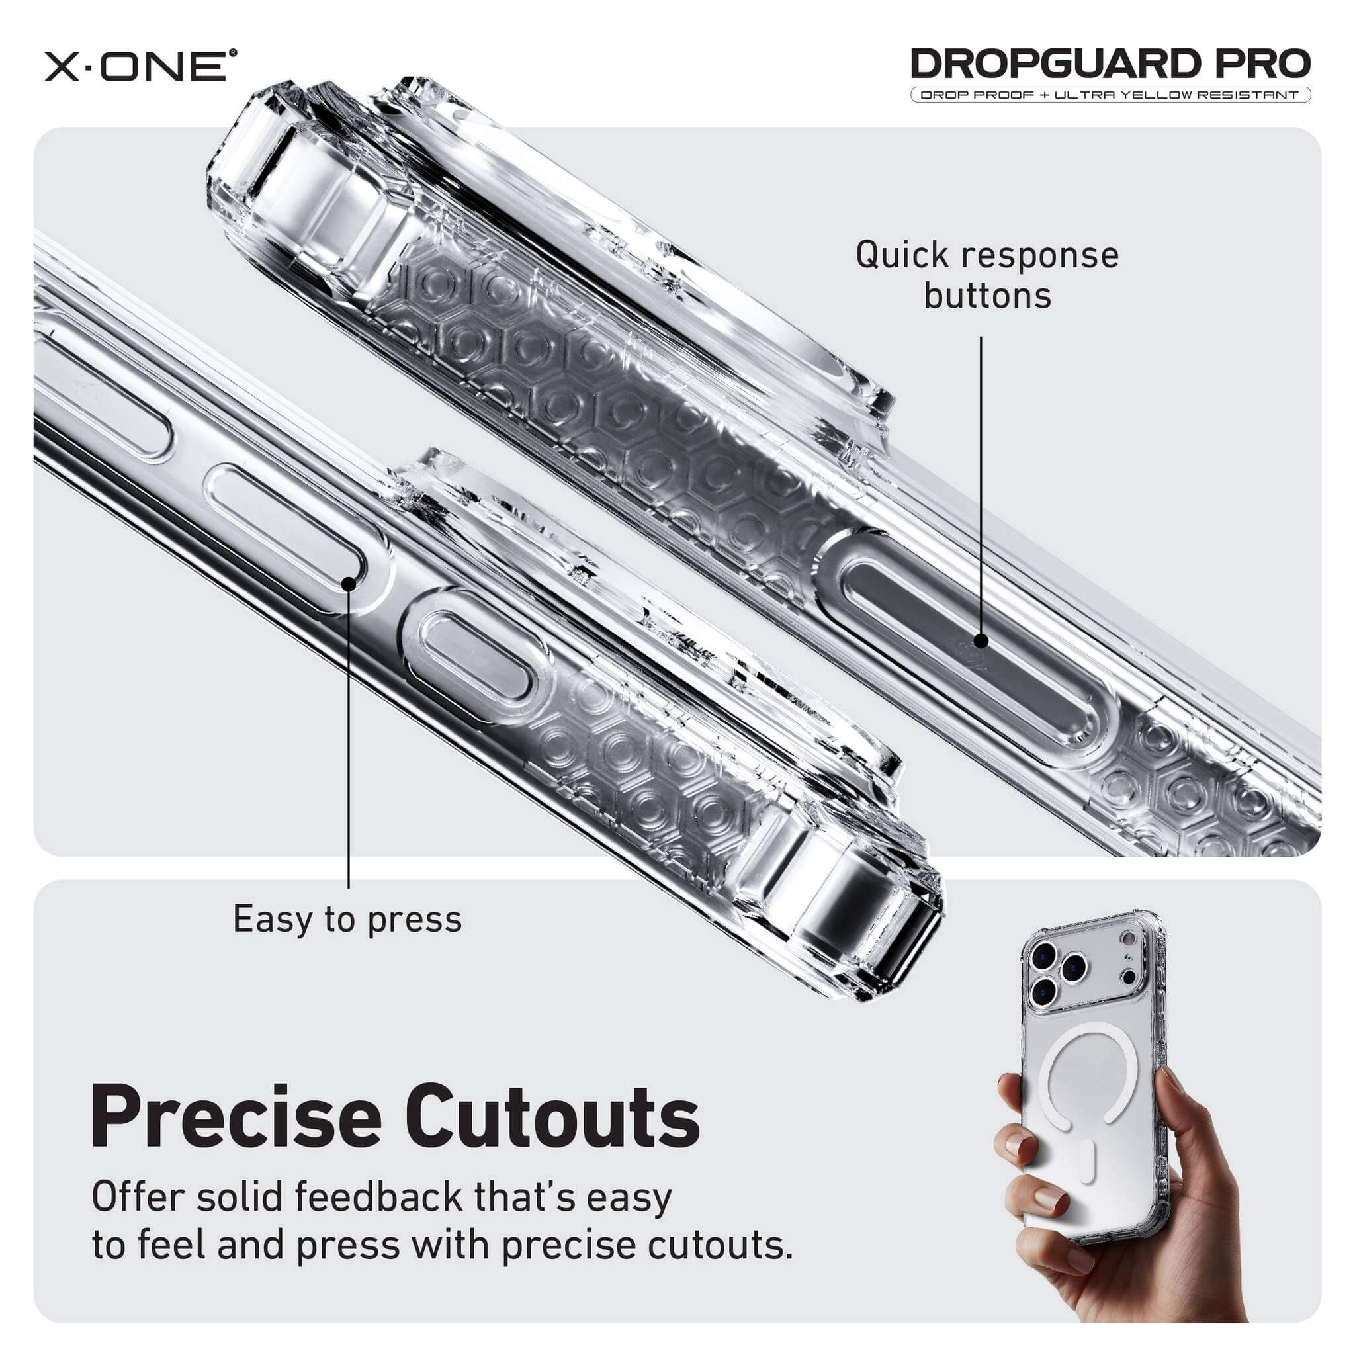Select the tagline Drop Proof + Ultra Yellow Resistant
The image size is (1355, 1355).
click(x=1110, y=95)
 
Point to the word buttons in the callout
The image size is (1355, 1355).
click(x=988, y=296)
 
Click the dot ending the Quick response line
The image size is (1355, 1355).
click(x=981, y=640)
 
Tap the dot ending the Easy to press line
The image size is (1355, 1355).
click(x=349, y=583)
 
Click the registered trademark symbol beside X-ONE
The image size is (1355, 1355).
click(x=233, y=52)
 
